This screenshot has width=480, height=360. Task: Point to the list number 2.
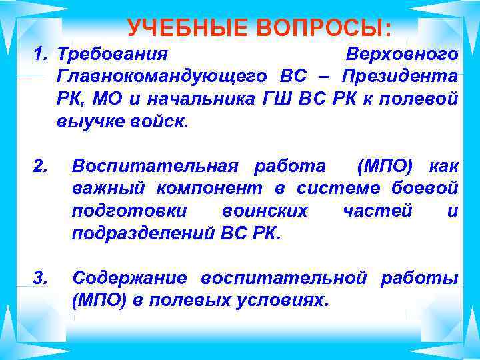coord(40,166)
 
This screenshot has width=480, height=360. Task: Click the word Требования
coord(113,53)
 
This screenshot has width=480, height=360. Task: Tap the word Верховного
coord(402,53)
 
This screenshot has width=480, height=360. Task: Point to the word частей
coord(377,211)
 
